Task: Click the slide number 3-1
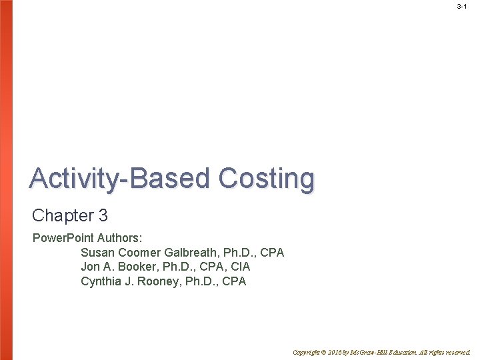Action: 461,6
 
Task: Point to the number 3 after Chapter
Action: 103,216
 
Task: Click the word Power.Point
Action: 63,237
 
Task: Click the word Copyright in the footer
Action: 307,352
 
